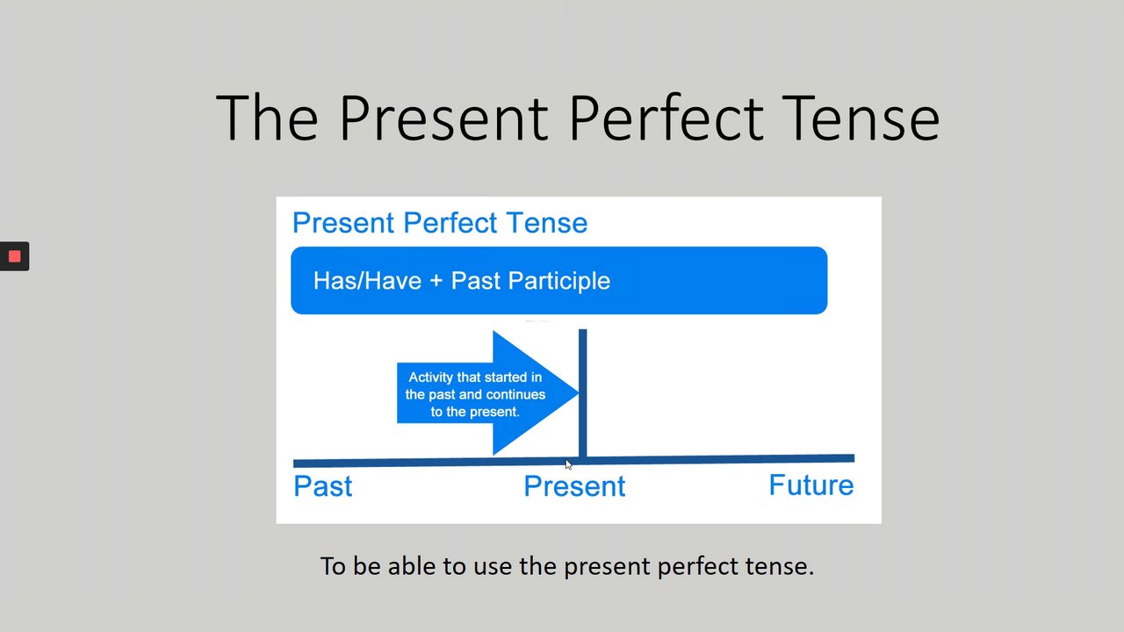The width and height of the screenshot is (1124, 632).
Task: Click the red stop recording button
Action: [15, 256]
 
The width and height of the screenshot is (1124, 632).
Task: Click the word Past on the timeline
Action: [322, 486]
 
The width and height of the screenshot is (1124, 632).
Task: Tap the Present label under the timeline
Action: [574, 486]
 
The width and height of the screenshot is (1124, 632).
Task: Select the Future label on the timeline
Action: [811, 485]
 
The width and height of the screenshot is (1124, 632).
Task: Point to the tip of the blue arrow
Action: [579, 392]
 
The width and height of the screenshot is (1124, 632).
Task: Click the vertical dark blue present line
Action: [582, 394]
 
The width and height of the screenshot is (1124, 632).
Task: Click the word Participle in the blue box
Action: [559, 281]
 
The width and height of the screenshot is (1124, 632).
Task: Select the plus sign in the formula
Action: [436, 280]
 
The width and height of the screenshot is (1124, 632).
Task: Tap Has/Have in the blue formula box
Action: [367, 280]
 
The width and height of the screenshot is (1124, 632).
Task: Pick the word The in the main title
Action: [267, 118]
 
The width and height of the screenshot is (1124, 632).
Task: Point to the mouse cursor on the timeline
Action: [568, 464]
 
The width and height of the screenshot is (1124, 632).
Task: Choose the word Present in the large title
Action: [443, 118]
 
